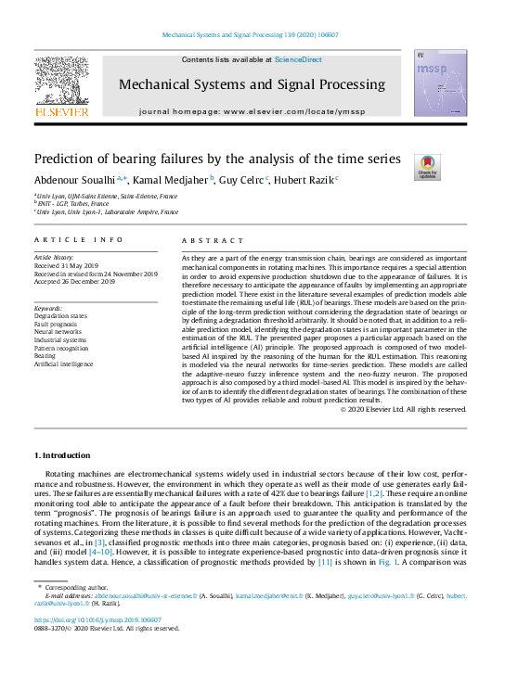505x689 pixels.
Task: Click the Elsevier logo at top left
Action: [61, 86]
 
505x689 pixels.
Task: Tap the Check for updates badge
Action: [427, 167]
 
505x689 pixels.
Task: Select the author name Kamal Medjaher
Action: [172, 179]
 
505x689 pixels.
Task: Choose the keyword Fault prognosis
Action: [58, 323]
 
